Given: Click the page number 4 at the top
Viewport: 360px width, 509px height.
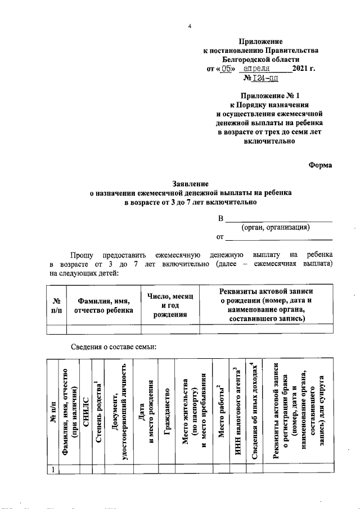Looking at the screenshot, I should (x=190, y=26).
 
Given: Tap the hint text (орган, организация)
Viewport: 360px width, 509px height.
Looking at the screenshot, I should (x=276, y=227).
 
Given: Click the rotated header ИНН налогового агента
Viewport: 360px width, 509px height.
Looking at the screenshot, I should (x=238, y=409).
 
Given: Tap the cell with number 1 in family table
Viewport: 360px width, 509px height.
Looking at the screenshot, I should (x=52, y=470).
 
